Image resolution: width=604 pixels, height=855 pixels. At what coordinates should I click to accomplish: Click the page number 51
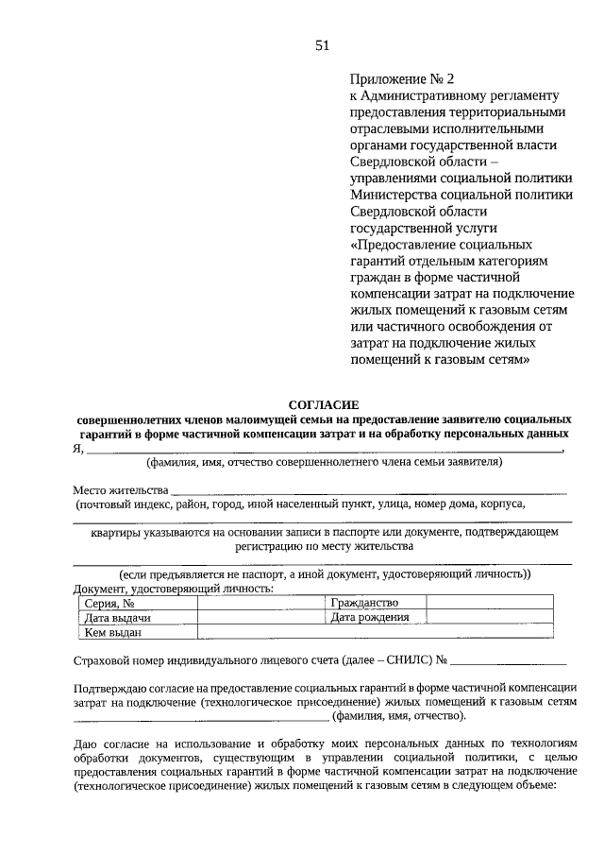click(322, 44)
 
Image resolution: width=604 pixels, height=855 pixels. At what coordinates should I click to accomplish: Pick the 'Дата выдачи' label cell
click(118, 618)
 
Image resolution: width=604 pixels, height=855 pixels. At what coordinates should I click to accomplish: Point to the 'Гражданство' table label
click(364, 603)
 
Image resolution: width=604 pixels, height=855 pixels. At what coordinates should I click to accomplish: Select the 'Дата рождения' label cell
click(369, 618)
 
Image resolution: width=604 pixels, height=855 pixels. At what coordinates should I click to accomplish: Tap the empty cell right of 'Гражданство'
click(497, 603)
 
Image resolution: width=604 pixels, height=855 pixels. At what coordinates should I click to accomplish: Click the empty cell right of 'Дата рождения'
click(497, 618)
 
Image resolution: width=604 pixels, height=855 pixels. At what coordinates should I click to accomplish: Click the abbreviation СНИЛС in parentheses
click(399, 660)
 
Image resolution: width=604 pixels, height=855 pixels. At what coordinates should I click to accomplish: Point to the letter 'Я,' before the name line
click(78, 448)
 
